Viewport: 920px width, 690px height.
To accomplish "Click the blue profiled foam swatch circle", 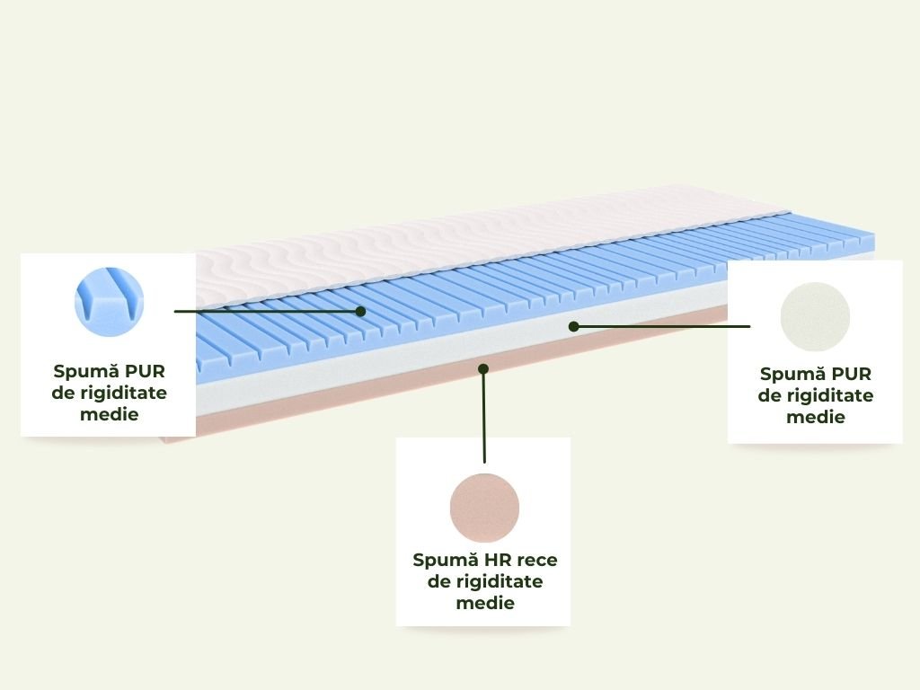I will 109,301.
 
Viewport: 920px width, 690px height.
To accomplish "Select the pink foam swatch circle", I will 484,508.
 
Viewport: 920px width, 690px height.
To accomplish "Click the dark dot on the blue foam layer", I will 360,311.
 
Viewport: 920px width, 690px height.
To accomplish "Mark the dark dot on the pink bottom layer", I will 483,367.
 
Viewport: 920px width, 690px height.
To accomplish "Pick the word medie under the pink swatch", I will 485,603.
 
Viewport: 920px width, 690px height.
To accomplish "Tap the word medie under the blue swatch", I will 109,414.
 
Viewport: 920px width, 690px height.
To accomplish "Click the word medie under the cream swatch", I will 815,417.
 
